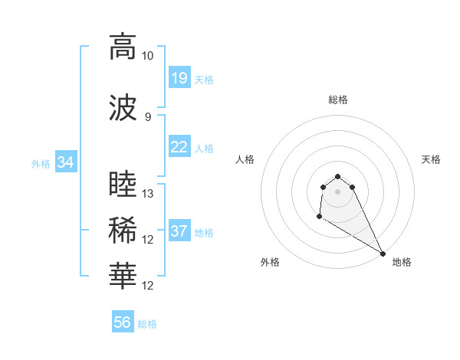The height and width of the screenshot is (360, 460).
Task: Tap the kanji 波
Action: pos(123,108)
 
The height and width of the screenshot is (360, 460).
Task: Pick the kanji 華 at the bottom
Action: pos(123,277)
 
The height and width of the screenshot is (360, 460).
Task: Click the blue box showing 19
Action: pos(179,78)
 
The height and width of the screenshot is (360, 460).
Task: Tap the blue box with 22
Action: pos(179,147)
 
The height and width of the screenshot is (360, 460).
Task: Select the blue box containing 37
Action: pos(179,231)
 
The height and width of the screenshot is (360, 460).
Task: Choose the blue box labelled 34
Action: pos(65,162)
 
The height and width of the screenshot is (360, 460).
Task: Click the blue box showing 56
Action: pos(123,322)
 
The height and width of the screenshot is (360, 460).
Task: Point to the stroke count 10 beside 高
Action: pos(148,56)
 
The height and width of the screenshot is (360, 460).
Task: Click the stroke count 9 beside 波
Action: pos(148,116)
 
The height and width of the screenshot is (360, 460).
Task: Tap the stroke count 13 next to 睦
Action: pos(148,194)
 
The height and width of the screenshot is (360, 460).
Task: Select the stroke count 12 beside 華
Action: pos(148,286)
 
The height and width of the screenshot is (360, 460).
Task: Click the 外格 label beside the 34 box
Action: pos(41,163)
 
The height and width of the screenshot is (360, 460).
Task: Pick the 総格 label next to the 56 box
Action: pos(147,324)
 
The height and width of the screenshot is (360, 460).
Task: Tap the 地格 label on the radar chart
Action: pos(402,262)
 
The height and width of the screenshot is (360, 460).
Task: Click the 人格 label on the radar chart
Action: pos(245,159)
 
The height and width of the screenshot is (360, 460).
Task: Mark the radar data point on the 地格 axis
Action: pos(383,254)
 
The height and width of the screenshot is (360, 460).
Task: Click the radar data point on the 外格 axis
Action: pos(319,217)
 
